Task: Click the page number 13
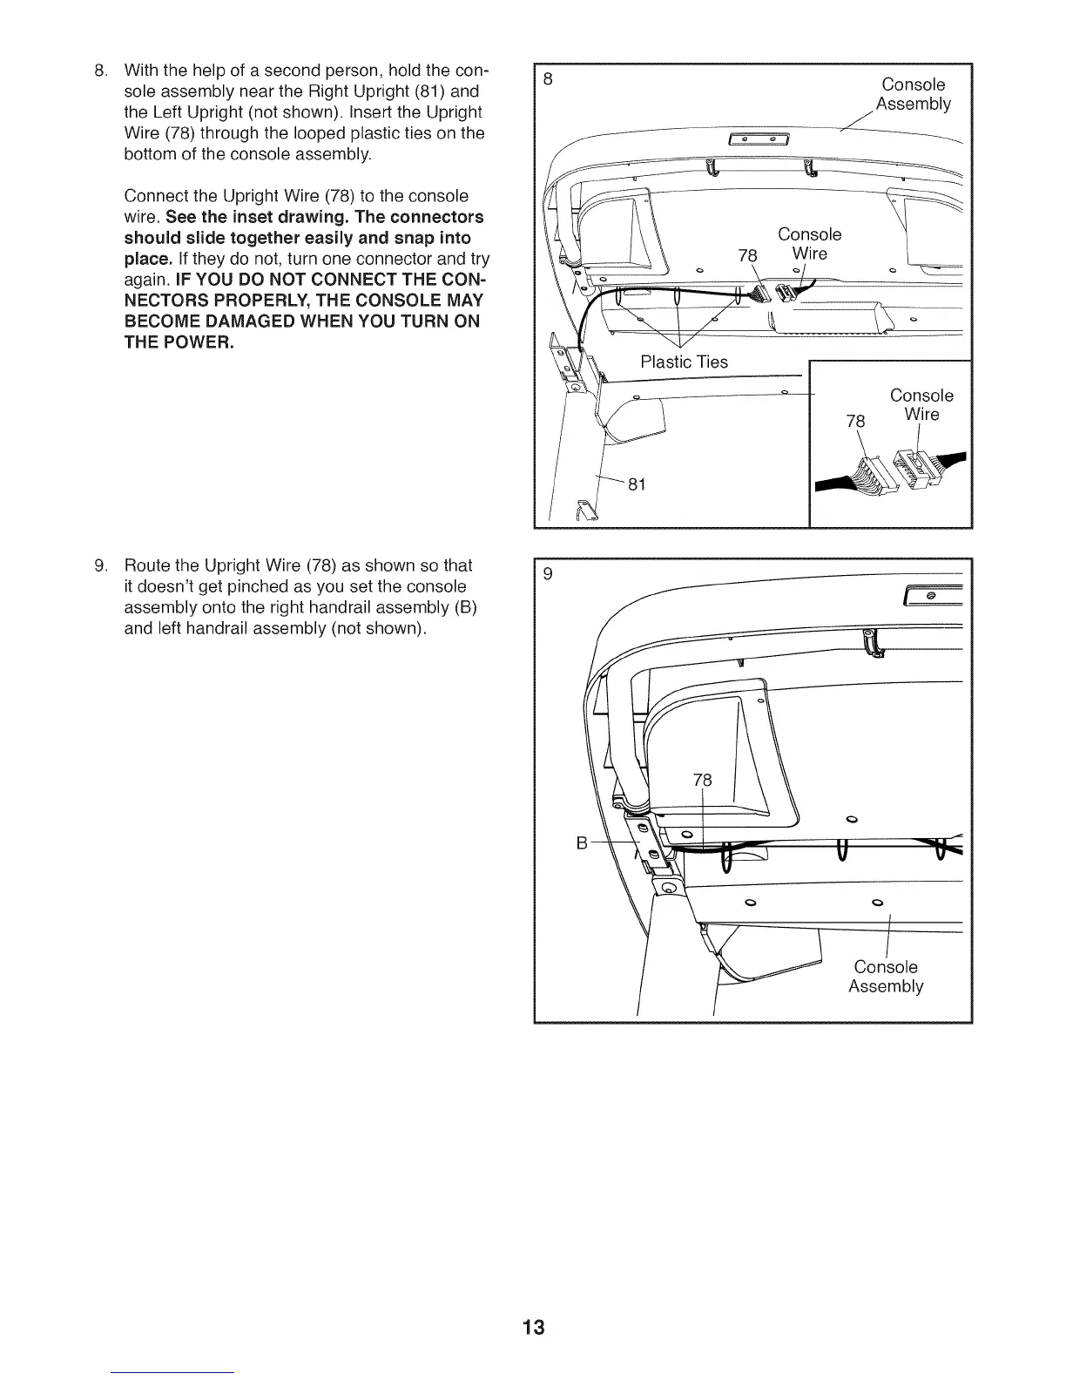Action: (533, 1328)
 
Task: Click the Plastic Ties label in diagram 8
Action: (684, 362)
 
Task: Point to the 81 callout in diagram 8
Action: (636, 485)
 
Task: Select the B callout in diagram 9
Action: (582, 842)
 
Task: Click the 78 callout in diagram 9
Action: (702, 781)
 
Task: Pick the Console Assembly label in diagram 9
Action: (886, 977)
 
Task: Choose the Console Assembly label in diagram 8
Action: (913, 94)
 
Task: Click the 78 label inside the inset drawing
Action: (856, 422)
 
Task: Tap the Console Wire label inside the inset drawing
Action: (921, 405)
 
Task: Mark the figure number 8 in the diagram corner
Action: (548, 79)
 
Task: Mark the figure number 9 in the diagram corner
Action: (548, 574)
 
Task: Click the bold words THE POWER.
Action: (179, 342)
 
